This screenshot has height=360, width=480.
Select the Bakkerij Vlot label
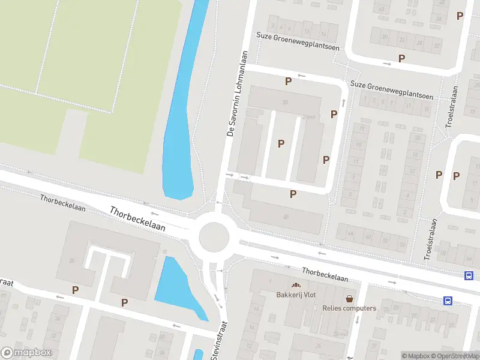pyautogui.click(x=296, y=295)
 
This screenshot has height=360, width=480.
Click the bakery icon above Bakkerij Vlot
pyautogui.click(x=295, y=284)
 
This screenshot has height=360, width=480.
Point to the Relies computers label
pyautogui.click(x=349, y=308)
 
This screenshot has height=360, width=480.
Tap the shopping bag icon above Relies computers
pyautogui.click(x=349, y=298)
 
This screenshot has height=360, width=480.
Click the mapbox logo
pyautogui.click(x=26, y=353)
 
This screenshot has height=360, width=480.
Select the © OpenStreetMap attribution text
pyautogui.click(x=455, y=356)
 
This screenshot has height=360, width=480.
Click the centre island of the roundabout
pyautogui.click(x=214, y=237)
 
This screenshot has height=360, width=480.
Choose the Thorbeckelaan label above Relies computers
pyautogui.click(x=325, y=275)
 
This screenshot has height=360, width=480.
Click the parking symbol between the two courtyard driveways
pyautogui.click(x=281, y=143)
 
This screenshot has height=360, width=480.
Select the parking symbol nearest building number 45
pyautogui.click(x=293, y=194)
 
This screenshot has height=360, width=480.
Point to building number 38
pyautogui.click(x=285, y=103)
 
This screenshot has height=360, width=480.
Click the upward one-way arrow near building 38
pyautogui.click(x=344, y=102)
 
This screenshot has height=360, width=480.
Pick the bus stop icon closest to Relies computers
pyautogui.click(x=448, y=301)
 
